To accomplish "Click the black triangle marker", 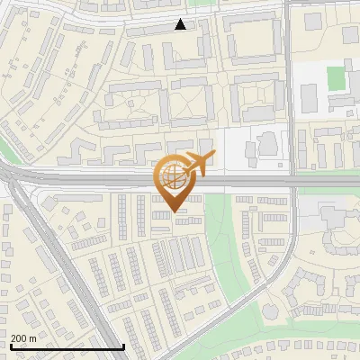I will click(x=181, y=25).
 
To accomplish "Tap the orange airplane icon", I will click(x=199, y=164).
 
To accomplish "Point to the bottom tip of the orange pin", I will click(x=174, y=212).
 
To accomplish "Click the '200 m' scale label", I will click(x=23, y=337).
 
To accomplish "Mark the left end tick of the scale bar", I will click(x=10, y=346).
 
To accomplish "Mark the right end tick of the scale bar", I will click(x=123, y=346).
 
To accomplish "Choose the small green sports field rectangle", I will click(x=337, y=77).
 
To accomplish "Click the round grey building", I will click(x=269, y=143).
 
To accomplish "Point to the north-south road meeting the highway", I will click(x=289, y=90).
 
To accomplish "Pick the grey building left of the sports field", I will click(x=309, y=93).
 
